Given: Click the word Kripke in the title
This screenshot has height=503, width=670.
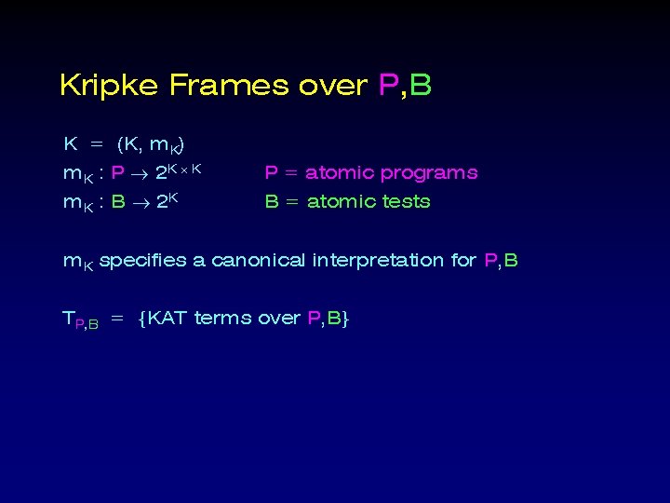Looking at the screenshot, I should click(x=110, y=87).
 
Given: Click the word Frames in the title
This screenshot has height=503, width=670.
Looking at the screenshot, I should click(x=229, y=87).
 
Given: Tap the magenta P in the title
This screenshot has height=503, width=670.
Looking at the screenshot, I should click(x=389, y=87).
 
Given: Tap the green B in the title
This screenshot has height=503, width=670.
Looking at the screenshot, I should click(x=421, y=87).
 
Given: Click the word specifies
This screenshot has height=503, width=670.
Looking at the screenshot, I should click(x=142, y=261).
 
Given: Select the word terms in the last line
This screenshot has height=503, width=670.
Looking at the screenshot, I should click(x=222, y=319).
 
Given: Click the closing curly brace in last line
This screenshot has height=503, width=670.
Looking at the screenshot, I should click(x=344, y=319).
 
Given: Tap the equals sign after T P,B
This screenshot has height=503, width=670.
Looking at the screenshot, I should click(x=117, y=319).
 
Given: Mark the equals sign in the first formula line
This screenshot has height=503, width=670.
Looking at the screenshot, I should click(x=96, y=145).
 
